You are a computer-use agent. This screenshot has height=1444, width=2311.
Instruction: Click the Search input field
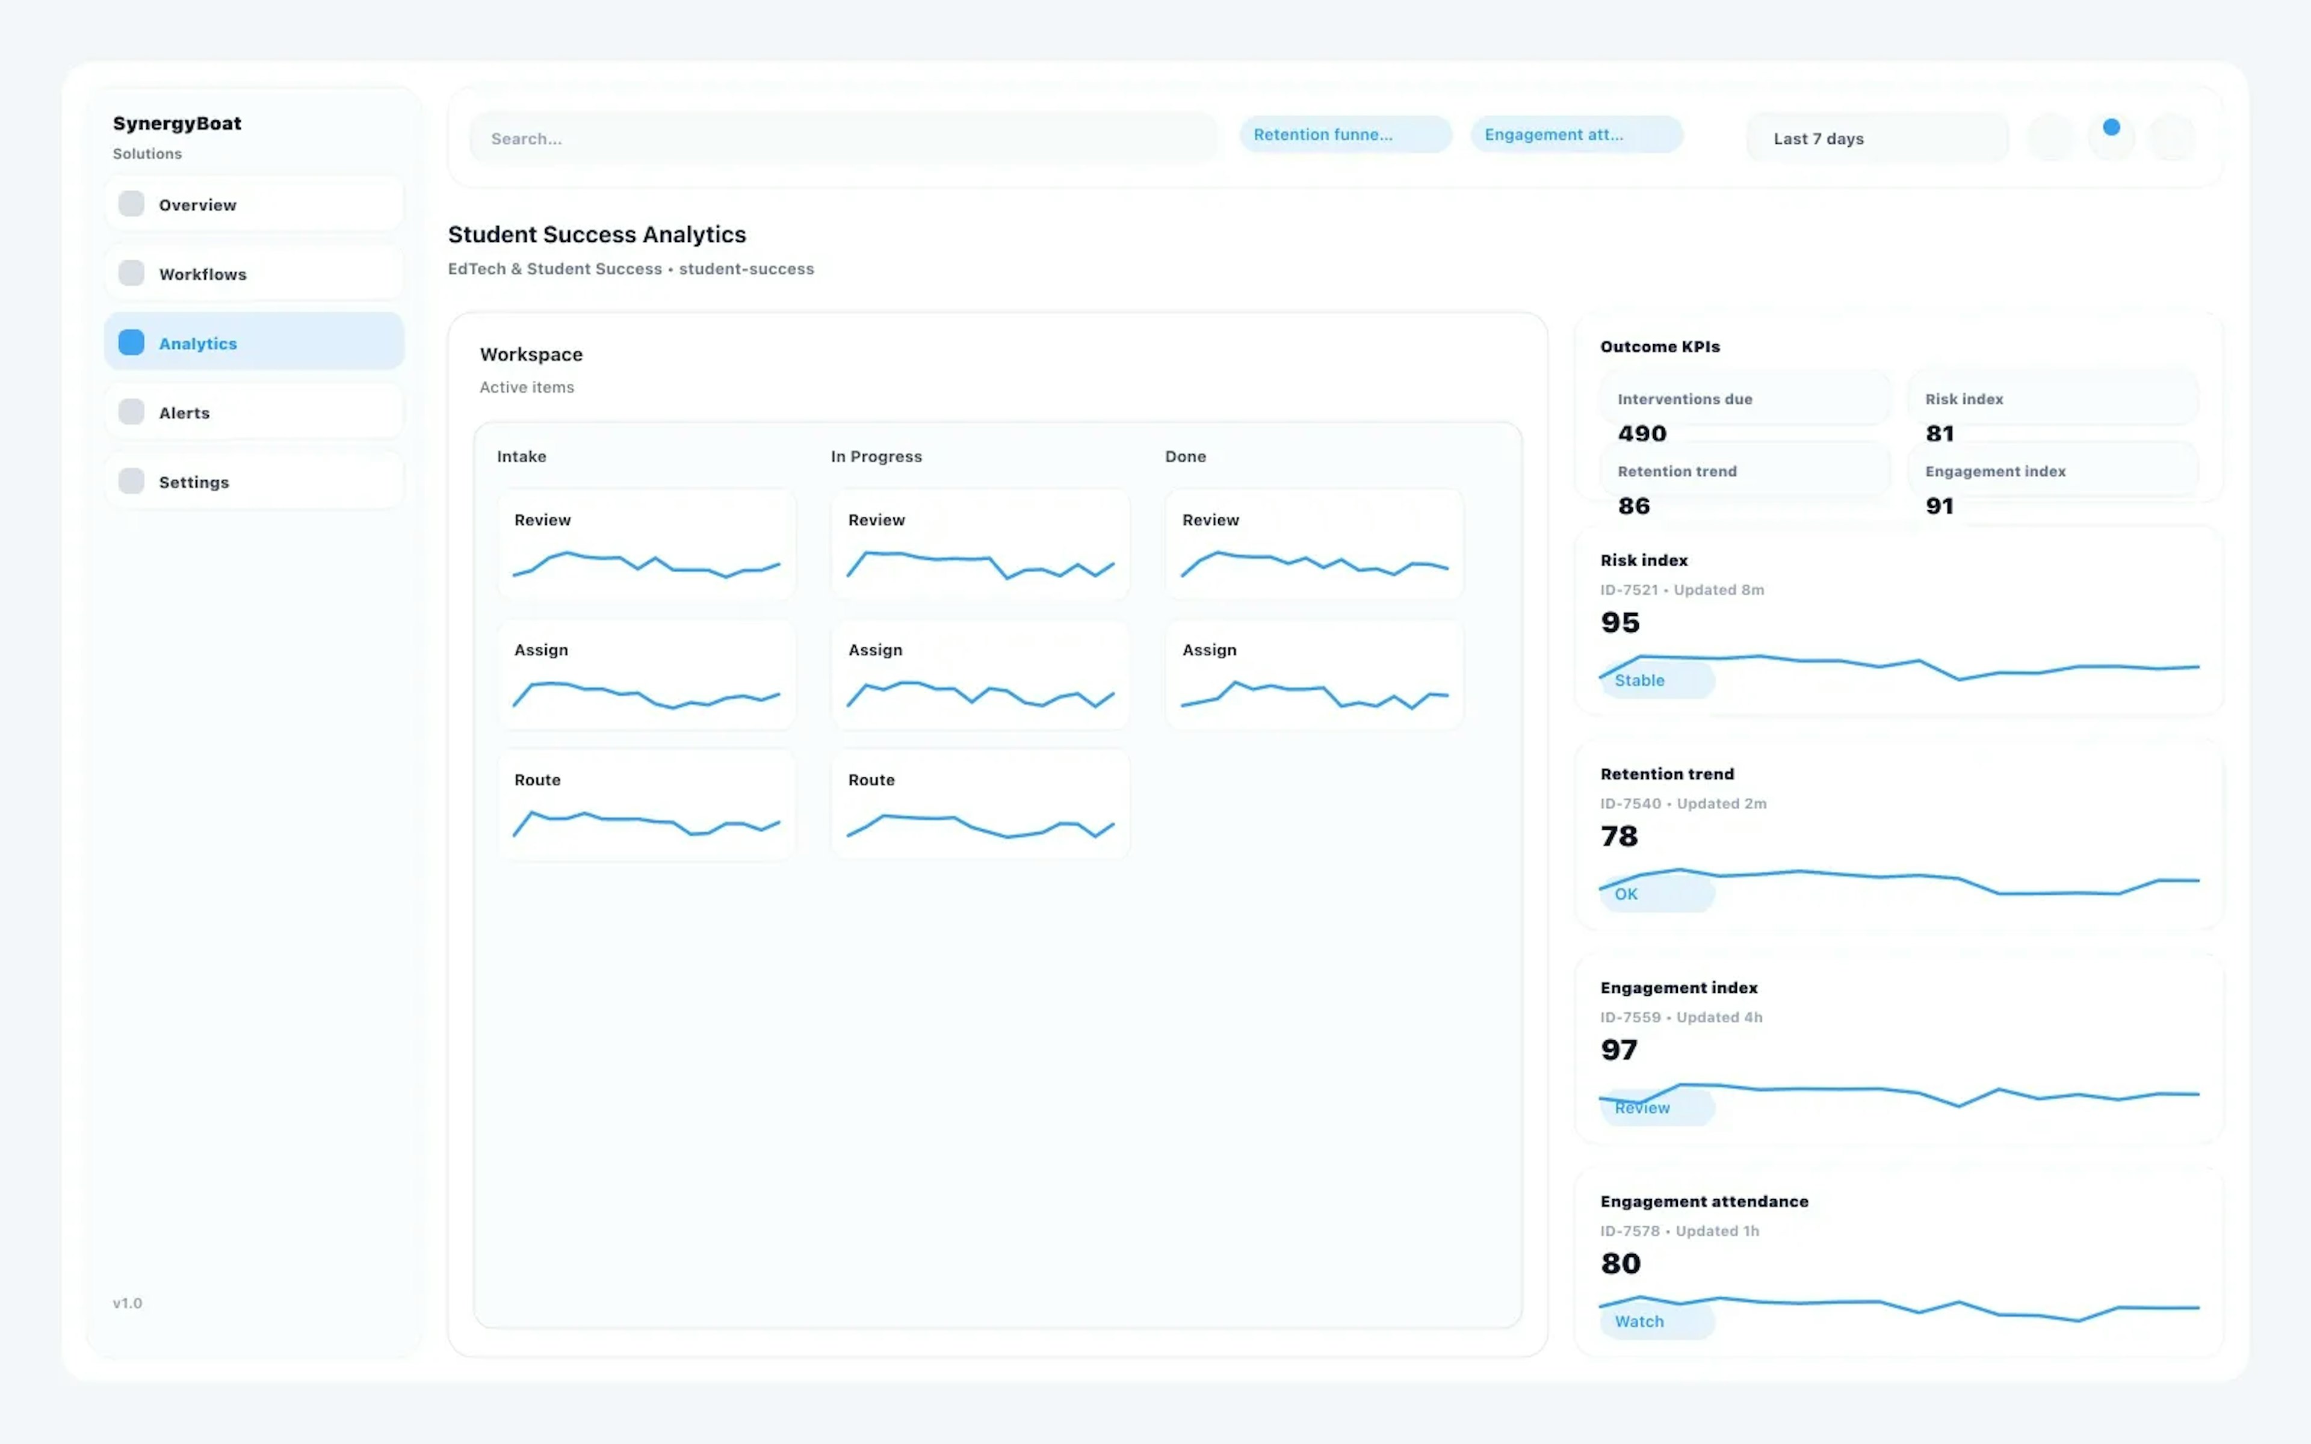(x=843, y=138)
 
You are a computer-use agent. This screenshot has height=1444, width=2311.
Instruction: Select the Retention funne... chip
(x=1344, y=135)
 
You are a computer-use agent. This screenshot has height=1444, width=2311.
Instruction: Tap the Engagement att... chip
(x=1576, y=135)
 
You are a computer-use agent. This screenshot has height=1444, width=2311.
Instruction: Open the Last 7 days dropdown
(x=1876, y=138)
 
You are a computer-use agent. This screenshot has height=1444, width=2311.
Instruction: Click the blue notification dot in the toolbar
(x=2111, y=127)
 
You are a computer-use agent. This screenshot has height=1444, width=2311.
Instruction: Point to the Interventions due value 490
(x=1642, y=434)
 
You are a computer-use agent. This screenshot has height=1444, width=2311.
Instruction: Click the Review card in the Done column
(x=1314, y=545)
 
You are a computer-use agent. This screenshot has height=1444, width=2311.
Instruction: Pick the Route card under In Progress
(x=980, y=804)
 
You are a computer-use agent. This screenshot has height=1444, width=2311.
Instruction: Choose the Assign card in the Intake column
(x=646, y=674)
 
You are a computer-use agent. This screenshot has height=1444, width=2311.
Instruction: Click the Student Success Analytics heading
(x=597, y=234)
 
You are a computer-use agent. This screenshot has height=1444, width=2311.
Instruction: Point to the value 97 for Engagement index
(x=1620, y=1049)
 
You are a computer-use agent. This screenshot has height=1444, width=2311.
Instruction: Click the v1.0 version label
(x=127, y=1303)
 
